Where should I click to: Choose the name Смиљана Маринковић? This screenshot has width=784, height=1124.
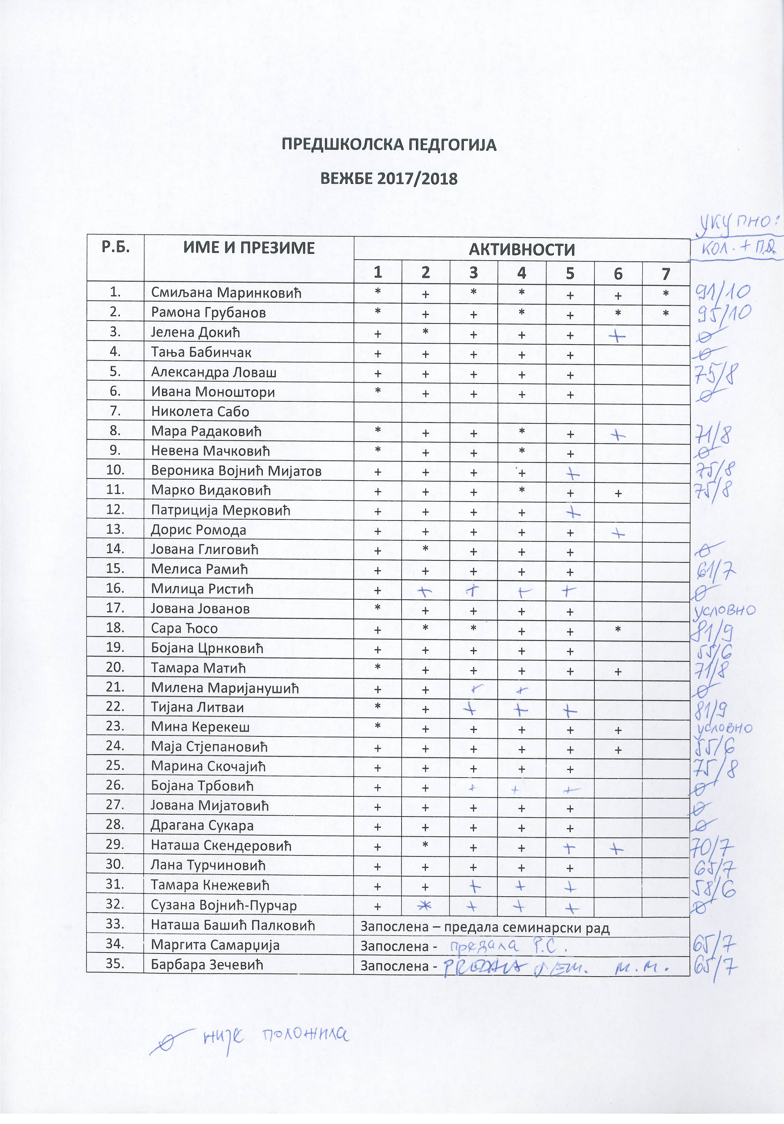point(226,293)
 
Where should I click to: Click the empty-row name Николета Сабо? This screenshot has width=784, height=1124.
point(200,412)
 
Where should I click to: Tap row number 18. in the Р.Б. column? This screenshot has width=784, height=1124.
point(116,627)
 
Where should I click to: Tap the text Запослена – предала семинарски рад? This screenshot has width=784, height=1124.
point(485,927)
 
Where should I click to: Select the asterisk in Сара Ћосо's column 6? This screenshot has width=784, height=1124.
point(618,629)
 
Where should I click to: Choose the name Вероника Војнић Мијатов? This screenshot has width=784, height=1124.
point(236,471)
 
